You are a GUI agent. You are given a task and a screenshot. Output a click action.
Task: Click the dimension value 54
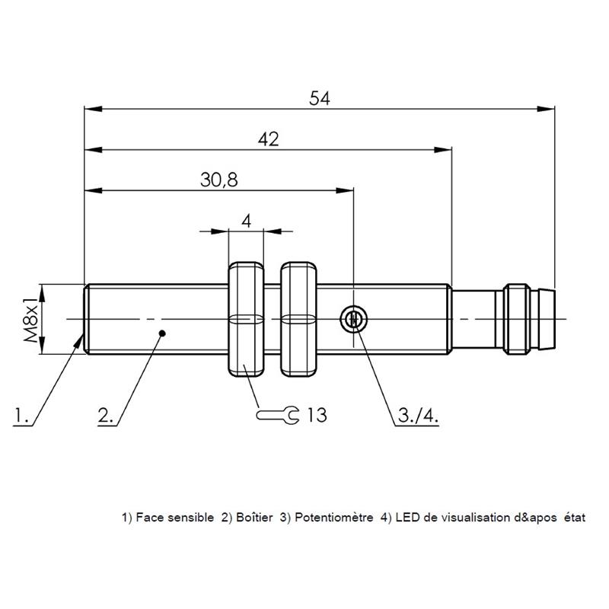(x=319, y=98)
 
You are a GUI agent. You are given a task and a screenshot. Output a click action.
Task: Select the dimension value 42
(x=269, y=139)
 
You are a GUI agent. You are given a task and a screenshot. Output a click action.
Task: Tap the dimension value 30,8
(x=219, y=180)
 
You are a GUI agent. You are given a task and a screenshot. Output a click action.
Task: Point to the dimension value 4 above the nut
(x=246, y=221)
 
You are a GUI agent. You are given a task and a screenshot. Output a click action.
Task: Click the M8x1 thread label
(x=32, y=318)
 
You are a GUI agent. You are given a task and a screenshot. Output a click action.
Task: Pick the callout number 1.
(x=21, y=415)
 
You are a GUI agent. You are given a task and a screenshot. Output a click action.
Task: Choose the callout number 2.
(x=105, y=415)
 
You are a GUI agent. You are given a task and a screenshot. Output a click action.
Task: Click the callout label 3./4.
(x=418, y=416)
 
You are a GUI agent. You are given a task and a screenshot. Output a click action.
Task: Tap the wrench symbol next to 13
(x=277, y=415)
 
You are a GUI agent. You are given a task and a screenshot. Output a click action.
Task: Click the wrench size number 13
(x=317, y=415)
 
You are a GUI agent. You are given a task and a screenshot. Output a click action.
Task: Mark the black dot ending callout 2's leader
(x=163, y=333)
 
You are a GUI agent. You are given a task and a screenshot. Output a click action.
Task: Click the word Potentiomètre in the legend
(x=333, y=518)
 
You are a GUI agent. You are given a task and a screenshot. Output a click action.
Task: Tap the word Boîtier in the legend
(x=254, y=518)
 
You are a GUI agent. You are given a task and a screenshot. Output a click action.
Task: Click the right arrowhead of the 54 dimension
(x=546, y=109)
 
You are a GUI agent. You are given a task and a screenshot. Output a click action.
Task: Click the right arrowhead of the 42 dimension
(x=443, y=149)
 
